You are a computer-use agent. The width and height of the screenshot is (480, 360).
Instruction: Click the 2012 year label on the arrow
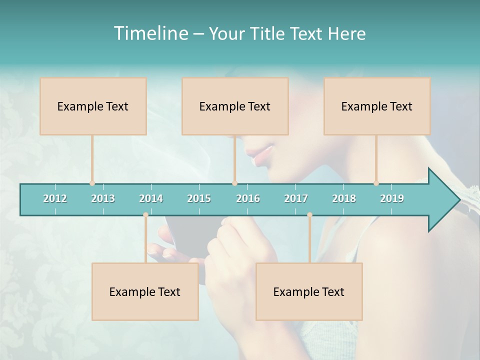click(x=55, y=198)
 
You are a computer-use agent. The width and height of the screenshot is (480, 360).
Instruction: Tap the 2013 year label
click(x=103, y=198)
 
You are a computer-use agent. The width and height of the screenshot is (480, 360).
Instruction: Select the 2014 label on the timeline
click(x=151, y=198)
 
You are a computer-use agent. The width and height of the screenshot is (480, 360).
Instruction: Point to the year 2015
click(x=199, y=198)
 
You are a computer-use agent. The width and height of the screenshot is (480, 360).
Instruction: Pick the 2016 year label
click(x=248, y=198)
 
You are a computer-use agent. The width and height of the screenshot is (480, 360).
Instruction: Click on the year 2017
click(x=296, y=198)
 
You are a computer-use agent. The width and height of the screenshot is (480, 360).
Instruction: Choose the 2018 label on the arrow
click(x=344, y=198)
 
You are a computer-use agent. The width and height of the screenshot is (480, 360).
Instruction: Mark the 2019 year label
click(x=392, y=198)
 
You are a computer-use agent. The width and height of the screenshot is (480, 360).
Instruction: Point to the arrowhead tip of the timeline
click(x=459, y=200)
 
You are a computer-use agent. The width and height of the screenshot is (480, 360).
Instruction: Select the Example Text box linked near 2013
click(x=93, y=106)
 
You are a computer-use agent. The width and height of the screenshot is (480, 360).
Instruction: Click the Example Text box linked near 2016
click(x=235, y=106)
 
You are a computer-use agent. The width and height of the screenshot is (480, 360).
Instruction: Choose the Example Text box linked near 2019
click(x=377, y=106)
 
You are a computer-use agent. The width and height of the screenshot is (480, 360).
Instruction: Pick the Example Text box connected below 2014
click(x=145, y=291)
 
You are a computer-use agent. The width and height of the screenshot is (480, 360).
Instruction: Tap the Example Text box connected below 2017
click(x=309, y=291)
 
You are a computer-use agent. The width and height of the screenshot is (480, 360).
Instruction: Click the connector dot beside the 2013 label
click(x=92, y=183)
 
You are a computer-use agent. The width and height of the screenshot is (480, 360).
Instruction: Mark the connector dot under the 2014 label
click(x=145, y=214)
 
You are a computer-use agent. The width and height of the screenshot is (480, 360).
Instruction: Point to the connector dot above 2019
click(x=376, y=183)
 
